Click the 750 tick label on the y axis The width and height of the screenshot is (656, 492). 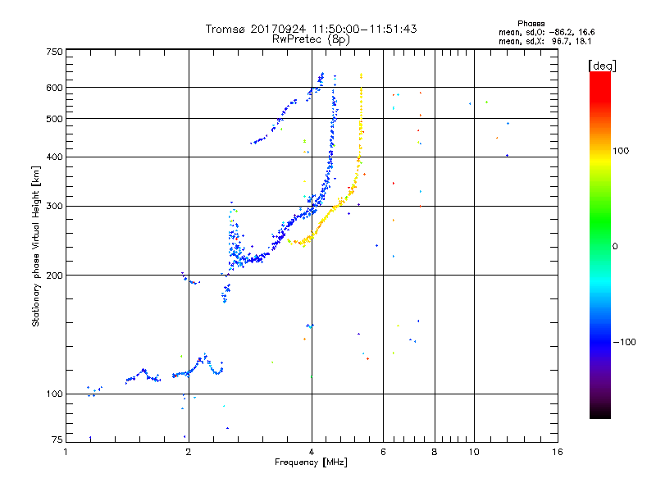click(54, 51)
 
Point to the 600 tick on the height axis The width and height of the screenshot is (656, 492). click(54, 87)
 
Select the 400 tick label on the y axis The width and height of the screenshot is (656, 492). click(54, 157)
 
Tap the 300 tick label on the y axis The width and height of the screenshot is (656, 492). click(54, 206)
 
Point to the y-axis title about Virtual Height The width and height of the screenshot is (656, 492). click(36, 246)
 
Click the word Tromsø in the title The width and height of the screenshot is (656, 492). click(225, 29)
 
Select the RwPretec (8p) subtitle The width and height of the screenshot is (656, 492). click(312, 39)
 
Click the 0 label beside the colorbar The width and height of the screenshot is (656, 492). click(616, 246)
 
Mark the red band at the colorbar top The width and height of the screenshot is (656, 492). click(599, 78)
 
